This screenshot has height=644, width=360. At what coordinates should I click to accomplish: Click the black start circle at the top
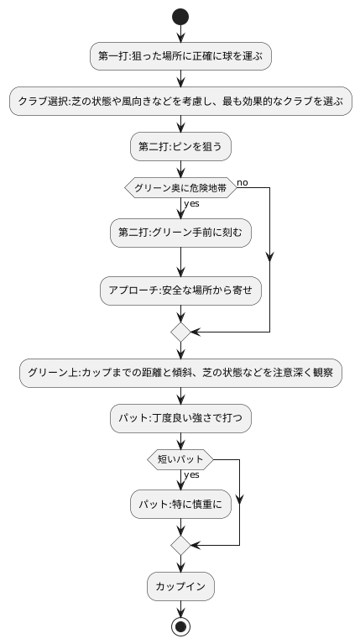(x=180, y=16)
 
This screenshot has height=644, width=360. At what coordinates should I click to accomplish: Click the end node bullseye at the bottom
(x=180, y=626)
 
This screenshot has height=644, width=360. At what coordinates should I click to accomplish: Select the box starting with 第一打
(x=180, y=56)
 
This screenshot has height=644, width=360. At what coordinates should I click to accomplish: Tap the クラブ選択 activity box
(x=180, y=102)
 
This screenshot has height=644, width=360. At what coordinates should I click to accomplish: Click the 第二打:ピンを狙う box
(x=180, y=146)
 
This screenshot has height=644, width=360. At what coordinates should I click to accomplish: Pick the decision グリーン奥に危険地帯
(x=180, y=188)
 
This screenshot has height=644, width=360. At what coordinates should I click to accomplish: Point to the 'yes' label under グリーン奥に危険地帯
(x=191, y=203)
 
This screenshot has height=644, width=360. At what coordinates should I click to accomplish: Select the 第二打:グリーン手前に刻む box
(x=180, y=233)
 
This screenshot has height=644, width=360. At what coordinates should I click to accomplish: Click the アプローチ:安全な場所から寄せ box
(x=180, y=290)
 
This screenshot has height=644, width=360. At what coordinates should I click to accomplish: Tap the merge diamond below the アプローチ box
(x=180, y=332)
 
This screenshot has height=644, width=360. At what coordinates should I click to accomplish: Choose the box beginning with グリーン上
(x=180, y=373)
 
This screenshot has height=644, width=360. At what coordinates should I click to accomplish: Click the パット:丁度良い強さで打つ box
(x=180, y=417)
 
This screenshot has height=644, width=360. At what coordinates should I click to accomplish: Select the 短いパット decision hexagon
(x=180, y=459)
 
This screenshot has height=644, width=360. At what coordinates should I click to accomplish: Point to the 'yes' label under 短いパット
(x=191, y=474)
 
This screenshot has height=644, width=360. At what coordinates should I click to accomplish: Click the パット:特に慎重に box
(x=180, y=505)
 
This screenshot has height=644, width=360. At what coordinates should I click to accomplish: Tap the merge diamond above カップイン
(x=180, y=545)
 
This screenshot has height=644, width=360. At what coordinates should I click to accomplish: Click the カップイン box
(x=180, y=585)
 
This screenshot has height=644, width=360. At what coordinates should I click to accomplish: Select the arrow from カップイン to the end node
(x=180, y=608)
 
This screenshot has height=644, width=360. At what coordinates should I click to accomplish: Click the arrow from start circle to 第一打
(x=180, y=34)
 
